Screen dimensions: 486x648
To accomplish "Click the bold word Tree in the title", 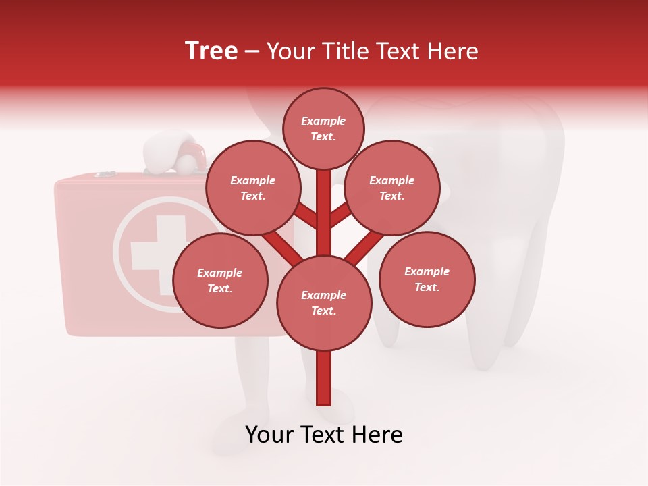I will (x=211, y=51).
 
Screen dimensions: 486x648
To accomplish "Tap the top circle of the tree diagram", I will (x=323, y=128).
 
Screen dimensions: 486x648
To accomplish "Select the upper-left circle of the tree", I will (x=252, y=188).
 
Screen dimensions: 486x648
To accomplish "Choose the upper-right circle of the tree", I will (x=391, y=188).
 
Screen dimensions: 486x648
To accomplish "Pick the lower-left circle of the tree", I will (x=220, y=280).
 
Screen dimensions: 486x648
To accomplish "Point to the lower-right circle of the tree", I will (x=427, y=279).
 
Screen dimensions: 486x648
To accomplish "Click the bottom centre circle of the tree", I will (x=324, y=303).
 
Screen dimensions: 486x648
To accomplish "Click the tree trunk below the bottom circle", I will (x=324, y=378).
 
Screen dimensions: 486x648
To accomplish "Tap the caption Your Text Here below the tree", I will (x=324, y=435).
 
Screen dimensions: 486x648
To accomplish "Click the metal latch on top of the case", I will (x=105, y=175).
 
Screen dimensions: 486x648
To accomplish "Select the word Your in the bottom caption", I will (x=269, y=435).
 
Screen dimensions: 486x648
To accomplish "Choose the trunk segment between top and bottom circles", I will (x=324, y=213).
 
